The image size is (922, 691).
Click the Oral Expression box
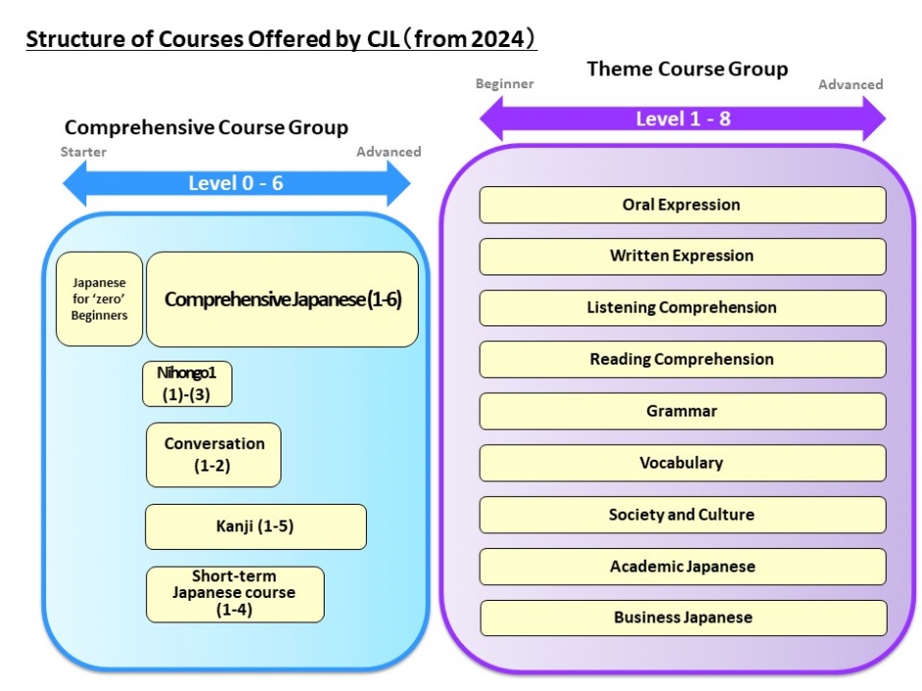pyautogui.click(x=683, y=205)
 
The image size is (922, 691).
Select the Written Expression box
pyautogui.click(x=683, y=256)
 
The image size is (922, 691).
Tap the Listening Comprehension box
pyautogui.click(x=683, y=308)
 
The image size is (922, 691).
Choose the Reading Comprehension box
pyautogui.click(x=683, y=360)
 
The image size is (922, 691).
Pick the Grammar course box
pyautogui.click(x=683, y=412)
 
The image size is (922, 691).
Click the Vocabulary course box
pyautogui.click(x=683, y=463)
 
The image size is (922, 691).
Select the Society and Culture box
pyautogui.click(x=683, y=515)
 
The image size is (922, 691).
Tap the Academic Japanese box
pyautogui.click(x=683, y=567)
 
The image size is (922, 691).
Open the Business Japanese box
pyautogui.click(x=684, y=617)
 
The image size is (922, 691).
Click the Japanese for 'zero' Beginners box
pyautogui.click(x=99, y=299)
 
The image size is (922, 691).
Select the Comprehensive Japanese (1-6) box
pyautogui.click(x=282, y=299)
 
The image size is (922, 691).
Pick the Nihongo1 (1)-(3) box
pyautogui.click(x=187, y=383)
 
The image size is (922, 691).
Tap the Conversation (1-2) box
pyautogui.click(x=214, y=455)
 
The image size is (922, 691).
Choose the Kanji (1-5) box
pyautogui.click(x=256, y=526)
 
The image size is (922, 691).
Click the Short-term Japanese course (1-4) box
pyautogui.click(x=235, y=594)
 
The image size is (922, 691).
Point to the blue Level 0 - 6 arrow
pyautogui.click(x=236, y=183)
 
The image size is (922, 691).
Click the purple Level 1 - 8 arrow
pyautogui.click(x=683, y=119)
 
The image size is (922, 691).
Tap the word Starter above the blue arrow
pyautogui.click(x=83, y=152)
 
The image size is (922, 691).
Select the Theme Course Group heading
pyautogui.click(x=688, y=69)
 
